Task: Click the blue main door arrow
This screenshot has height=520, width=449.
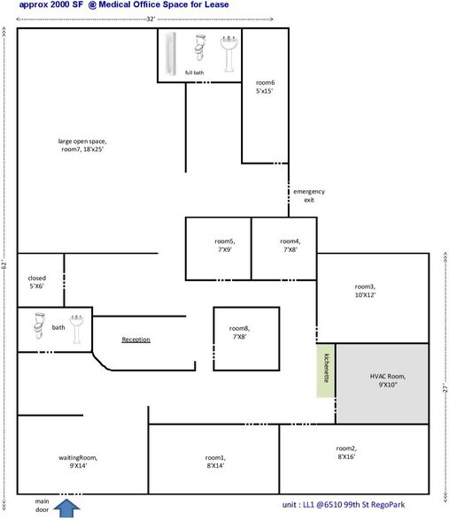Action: tap(66, 507)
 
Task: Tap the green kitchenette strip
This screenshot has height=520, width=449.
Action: tap(326, 369)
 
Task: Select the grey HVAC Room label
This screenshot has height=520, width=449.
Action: tap(382, 380)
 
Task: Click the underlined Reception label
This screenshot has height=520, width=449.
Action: tap(135, 340)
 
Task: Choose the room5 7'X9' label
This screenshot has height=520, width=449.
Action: tap(225, 245)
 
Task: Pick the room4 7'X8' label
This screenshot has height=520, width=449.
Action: tap(290, 245)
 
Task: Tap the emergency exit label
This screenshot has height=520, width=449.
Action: tap(309, 196)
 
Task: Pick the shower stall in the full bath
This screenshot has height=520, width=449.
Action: tap(174, 53)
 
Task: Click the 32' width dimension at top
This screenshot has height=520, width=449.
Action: tap(151, 18)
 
